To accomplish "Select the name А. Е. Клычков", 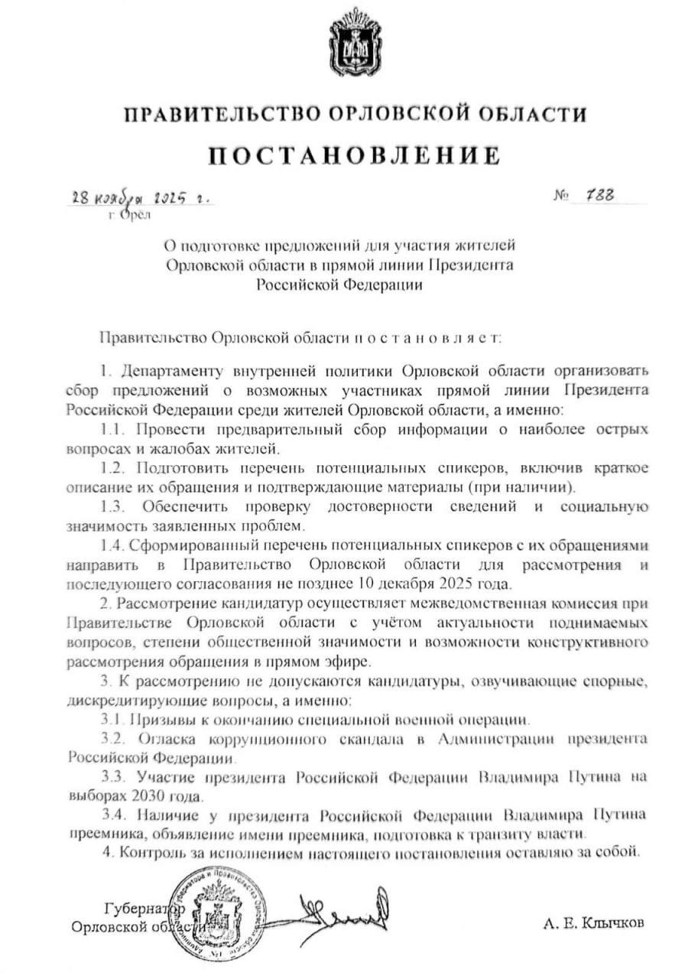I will point(593,923).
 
